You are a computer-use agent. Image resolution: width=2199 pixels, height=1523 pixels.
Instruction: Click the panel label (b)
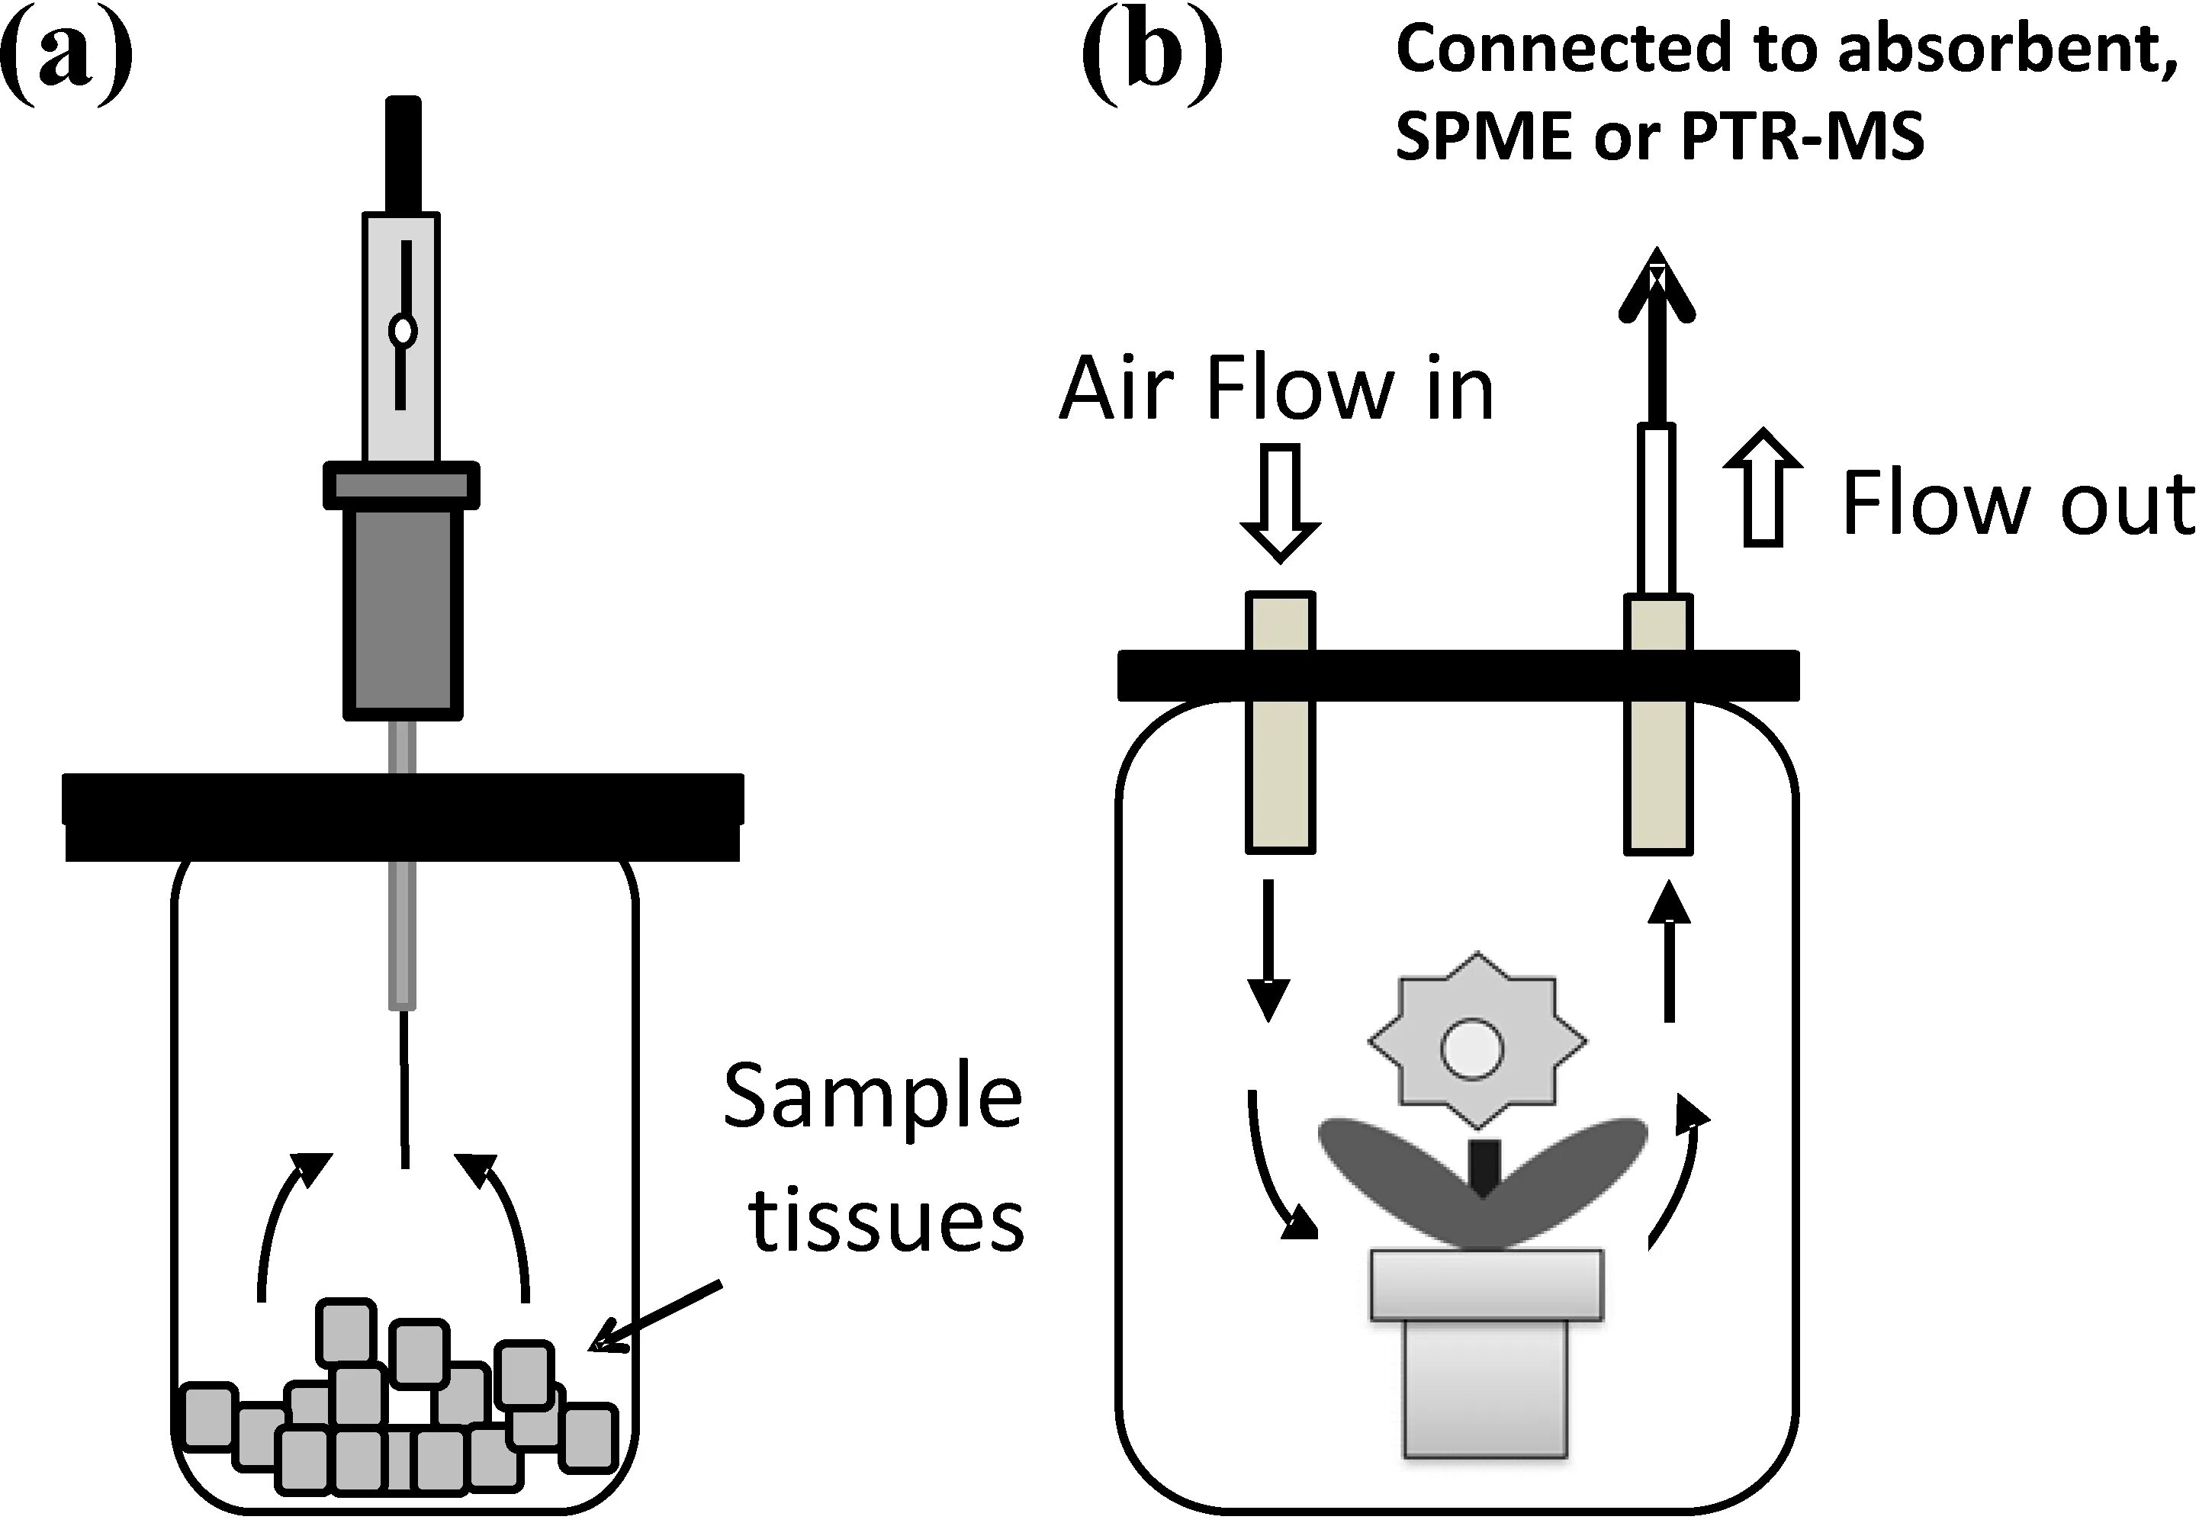(1152, 57)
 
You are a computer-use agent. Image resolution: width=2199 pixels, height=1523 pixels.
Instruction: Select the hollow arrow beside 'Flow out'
(1763, 489)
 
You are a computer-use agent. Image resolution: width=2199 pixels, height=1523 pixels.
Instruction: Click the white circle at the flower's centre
(1472, 1049)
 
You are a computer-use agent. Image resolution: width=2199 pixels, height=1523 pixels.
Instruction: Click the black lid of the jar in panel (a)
(402, 816)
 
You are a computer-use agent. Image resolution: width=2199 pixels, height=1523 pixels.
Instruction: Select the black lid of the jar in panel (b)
(1458, 675)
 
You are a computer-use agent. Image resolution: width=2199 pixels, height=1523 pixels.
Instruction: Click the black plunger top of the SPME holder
(402, 153)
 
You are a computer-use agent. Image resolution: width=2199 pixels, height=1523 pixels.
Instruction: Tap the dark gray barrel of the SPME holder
(403, 611)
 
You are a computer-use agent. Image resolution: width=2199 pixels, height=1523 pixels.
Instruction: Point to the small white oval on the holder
(403, 331)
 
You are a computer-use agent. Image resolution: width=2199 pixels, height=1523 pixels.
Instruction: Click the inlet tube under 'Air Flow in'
(1280, 722)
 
